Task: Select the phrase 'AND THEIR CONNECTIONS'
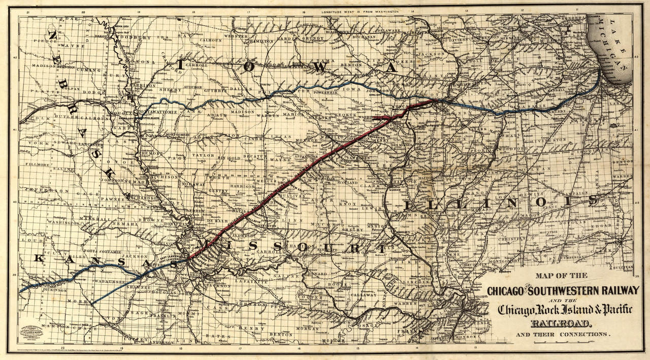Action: [x=562, y=335]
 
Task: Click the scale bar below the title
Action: [x=562, y=343]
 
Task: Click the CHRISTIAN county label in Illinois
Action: [x=511, y=238]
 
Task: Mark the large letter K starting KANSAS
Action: [x=38, y=258]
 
